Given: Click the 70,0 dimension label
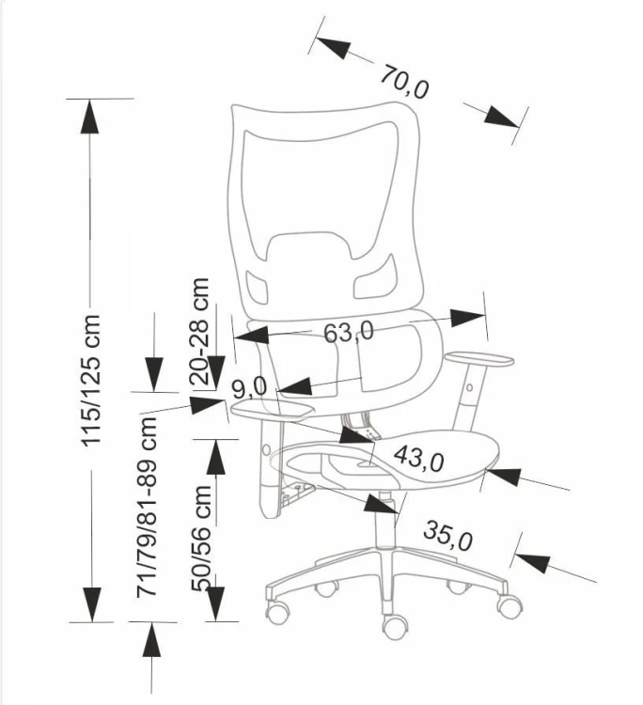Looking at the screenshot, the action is (404, 82).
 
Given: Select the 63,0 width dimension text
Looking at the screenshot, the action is (349, 332).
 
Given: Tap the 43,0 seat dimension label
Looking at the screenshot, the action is (419, 459).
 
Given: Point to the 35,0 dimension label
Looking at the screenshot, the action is (447, 536).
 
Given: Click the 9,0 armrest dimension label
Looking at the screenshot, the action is (250, 387).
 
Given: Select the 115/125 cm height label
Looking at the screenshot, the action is (90, 381).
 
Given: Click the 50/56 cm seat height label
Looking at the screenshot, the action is (201, 538).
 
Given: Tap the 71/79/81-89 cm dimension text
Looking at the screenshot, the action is (147, 507).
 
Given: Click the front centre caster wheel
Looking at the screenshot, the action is (395, 626).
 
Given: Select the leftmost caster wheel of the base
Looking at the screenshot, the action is (277, 612).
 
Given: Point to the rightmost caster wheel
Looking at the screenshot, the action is (510, 604).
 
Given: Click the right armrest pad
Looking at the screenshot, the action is (478, 359).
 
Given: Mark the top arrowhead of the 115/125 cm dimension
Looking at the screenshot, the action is (90, 117).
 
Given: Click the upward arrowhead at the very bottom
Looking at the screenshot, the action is (151, 640).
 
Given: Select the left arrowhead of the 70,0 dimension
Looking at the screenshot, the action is (332, 45).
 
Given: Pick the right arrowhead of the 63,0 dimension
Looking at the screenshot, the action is (467, 318).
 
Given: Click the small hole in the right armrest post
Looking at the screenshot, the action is (469, 387).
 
